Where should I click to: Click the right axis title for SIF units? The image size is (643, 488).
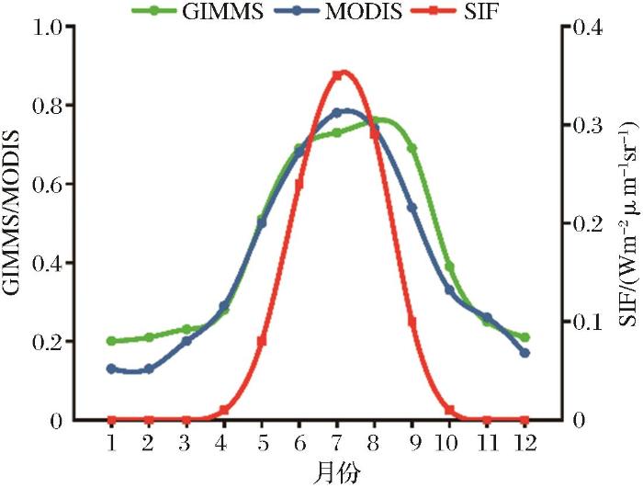pyautogui.click(x=629, y=223)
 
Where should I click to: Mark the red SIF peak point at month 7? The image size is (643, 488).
pyautogui.click(x=337, y=75)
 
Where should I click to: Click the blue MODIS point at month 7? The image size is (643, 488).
pyautogui.click(x=337, y=112)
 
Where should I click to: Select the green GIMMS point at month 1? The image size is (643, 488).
pyautogui.click(x=111, y=341)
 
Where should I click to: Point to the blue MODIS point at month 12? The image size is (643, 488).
pyautogui.click(x=525, y=353)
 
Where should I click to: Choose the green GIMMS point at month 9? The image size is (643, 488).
pyautogui.click(x=412, y=148)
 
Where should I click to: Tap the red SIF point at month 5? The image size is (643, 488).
pyautogui.click(x=262, y=341)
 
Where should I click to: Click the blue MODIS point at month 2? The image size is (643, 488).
pyautogui.click(x=149, y=369)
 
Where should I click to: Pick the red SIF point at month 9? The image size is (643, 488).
pyautogui.click(x=412, y=322)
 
